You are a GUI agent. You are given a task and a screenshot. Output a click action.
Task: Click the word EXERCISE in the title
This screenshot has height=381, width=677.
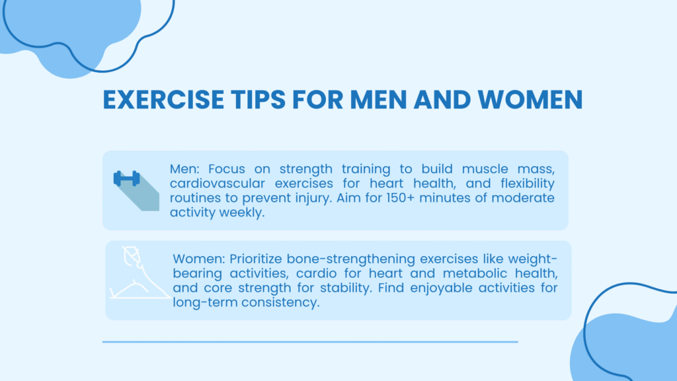163,99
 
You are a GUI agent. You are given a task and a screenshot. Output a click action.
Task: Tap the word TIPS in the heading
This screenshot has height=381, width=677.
259,99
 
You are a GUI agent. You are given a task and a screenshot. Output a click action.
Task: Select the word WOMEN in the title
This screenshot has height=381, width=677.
530,99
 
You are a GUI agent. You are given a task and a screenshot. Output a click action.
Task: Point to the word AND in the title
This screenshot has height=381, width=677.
442,99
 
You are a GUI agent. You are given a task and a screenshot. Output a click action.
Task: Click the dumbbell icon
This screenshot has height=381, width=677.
126,179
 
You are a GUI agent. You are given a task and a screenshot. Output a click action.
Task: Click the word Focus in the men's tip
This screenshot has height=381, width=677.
227,169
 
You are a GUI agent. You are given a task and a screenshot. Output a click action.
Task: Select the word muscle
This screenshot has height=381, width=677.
485,169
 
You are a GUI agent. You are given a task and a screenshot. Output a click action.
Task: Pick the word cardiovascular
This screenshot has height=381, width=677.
217,183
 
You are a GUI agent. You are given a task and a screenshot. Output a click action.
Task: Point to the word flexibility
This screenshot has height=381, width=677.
528,184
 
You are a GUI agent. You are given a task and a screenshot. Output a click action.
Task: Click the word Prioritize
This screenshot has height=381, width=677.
255,259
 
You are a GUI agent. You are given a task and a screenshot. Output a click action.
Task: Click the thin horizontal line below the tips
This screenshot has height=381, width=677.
310,342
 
